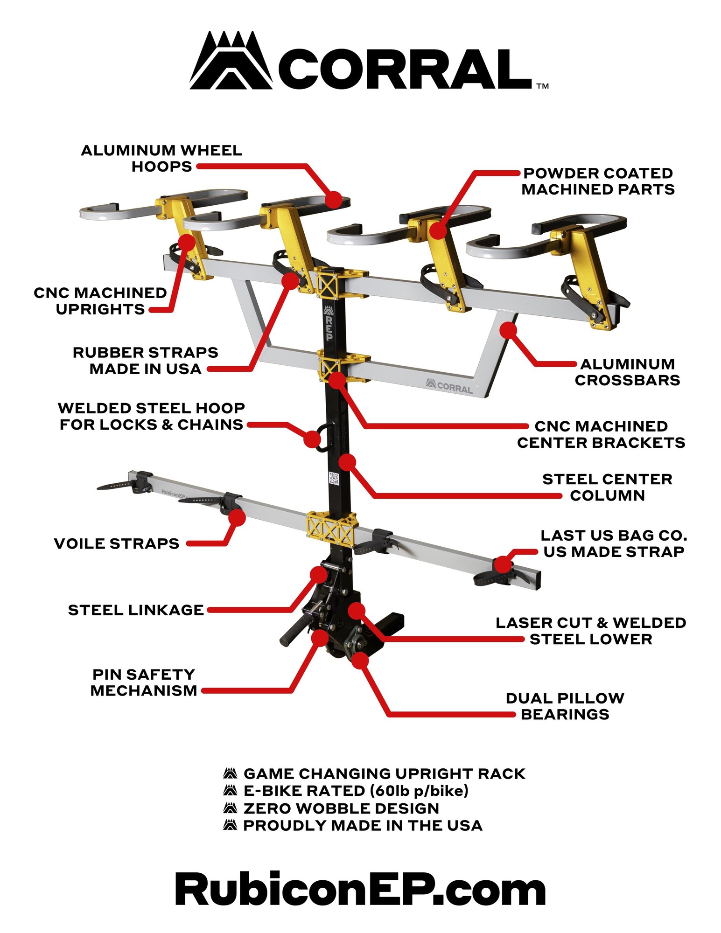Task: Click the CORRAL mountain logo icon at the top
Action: (x=231, y=61)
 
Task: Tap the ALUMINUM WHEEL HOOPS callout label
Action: (x=161, y=158)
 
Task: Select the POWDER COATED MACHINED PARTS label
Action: (x=598, y=181)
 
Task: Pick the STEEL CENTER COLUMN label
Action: (x=607, y=487)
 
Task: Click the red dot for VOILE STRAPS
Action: (x=237, y=517)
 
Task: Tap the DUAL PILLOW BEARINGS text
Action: (x=565, y=706)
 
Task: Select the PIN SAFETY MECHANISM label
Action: (x=144, y=682)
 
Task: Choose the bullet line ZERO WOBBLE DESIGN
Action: (x=341, y=808)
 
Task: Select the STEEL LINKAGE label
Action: (x=136, y=610)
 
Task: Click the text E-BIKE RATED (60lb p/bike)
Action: (x=356, y=791)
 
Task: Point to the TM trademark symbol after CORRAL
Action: (x=543, y=86)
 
